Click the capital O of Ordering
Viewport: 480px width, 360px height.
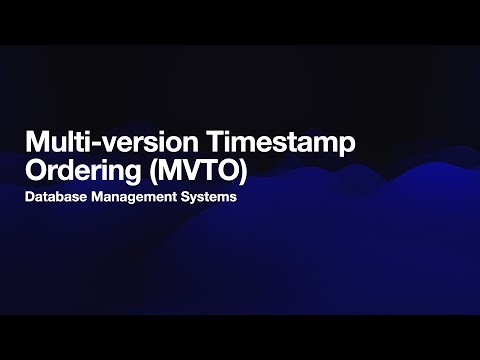(37, 169)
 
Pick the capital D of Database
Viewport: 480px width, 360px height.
(31, 198)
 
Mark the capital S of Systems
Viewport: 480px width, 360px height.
(186, 198)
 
